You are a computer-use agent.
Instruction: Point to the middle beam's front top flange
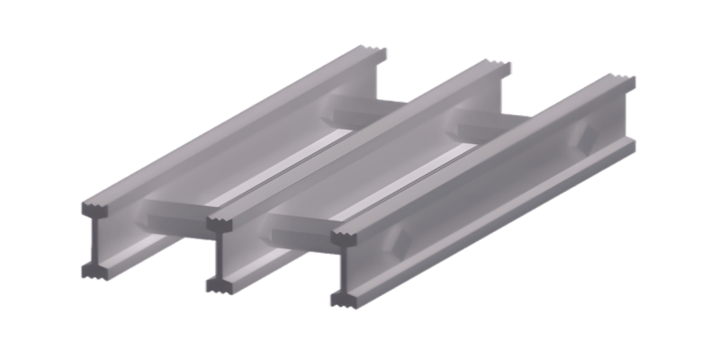click(221, 223)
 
